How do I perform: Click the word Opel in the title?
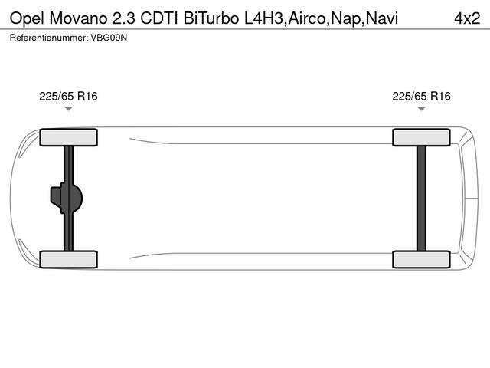point(27,18)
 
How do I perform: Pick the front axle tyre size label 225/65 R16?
point(68,97)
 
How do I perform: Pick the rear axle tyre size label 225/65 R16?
point(421,97)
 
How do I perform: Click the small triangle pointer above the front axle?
point(68,109)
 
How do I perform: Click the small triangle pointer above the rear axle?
point(421,109)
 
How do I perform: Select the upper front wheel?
point(68,137)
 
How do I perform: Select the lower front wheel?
point(68,259)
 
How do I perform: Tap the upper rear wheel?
point(421,137)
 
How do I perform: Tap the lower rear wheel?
point(421,259)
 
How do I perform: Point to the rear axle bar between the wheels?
point(421,198)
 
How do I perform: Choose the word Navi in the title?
point(381,18)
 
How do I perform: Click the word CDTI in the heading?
point(159,18)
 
